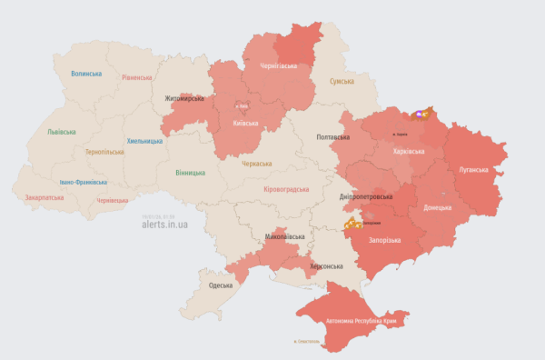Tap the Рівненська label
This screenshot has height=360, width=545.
[x=139, y=77]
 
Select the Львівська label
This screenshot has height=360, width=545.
[x=62, y=132]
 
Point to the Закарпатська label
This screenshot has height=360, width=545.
[x=45, y=196]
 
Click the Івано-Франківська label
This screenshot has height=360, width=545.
[x=84, y=181]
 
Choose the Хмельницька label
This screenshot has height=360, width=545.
[x=144, y=141]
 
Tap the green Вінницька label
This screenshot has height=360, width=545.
[x=191, y=172]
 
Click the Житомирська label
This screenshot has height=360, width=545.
[x=183, y=98]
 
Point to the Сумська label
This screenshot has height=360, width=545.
[x=342, y=81]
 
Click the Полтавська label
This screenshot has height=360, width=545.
[x=332, y=136]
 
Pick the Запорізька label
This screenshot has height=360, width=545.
[x=385, y=240]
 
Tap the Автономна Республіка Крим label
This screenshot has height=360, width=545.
[x=366, y=321]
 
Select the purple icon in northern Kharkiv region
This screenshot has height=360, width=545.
[x=419, y=114]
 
